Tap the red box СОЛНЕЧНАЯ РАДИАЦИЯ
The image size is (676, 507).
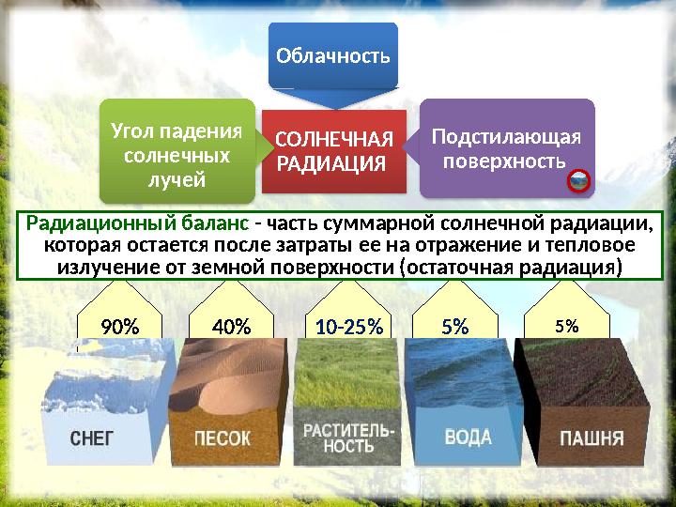(333, 151)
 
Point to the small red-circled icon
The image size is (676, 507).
(578, 181)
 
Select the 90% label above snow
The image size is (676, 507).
(119, 327)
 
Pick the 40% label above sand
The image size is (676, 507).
(231, 327)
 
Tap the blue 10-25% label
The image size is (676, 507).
(349, 327)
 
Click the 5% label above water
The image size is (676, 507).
(455, 327)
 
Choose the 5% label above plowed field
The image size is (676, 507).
(566, 326)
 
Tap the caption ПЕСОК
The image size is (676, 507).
(223, 438)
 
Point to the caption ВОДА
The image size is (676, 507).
(467, 438)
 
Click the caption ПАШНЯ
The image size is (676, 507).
(591, 438)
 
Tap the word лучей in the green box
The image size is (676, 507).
(177, 177)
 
